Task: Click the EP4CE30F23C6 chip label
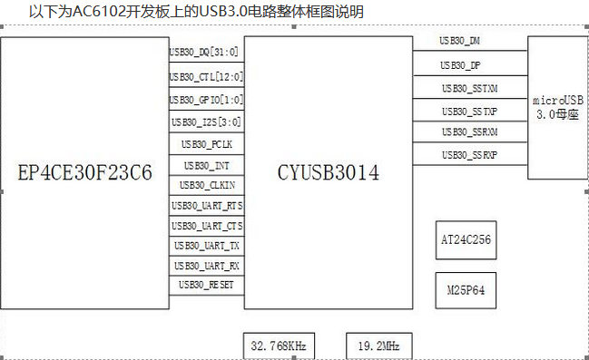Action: [x=85, y=172]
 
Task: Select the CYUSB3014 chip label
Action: [x=329, y=172]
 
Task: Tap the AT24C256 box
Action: [x=466, y=240]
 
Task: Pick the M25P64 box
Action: [x=466, y=291]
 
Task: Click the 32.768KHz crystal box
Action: [x=278, y=346]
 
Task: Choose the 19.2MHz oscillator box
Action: [x=378, y=346]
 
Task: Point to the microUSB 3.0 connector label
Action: [x=557, y=107]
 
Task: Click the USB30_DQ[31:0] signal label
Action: [x=206, y=53]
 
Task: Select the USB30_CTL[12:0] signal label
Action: [x=206, y=76]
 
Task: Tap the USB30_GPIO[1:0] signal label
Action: [x=206, y=99]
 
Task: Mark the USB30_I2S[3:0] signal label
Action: [x=206, y=122]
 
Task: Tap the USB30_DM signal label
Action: [x=460, y=42]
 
